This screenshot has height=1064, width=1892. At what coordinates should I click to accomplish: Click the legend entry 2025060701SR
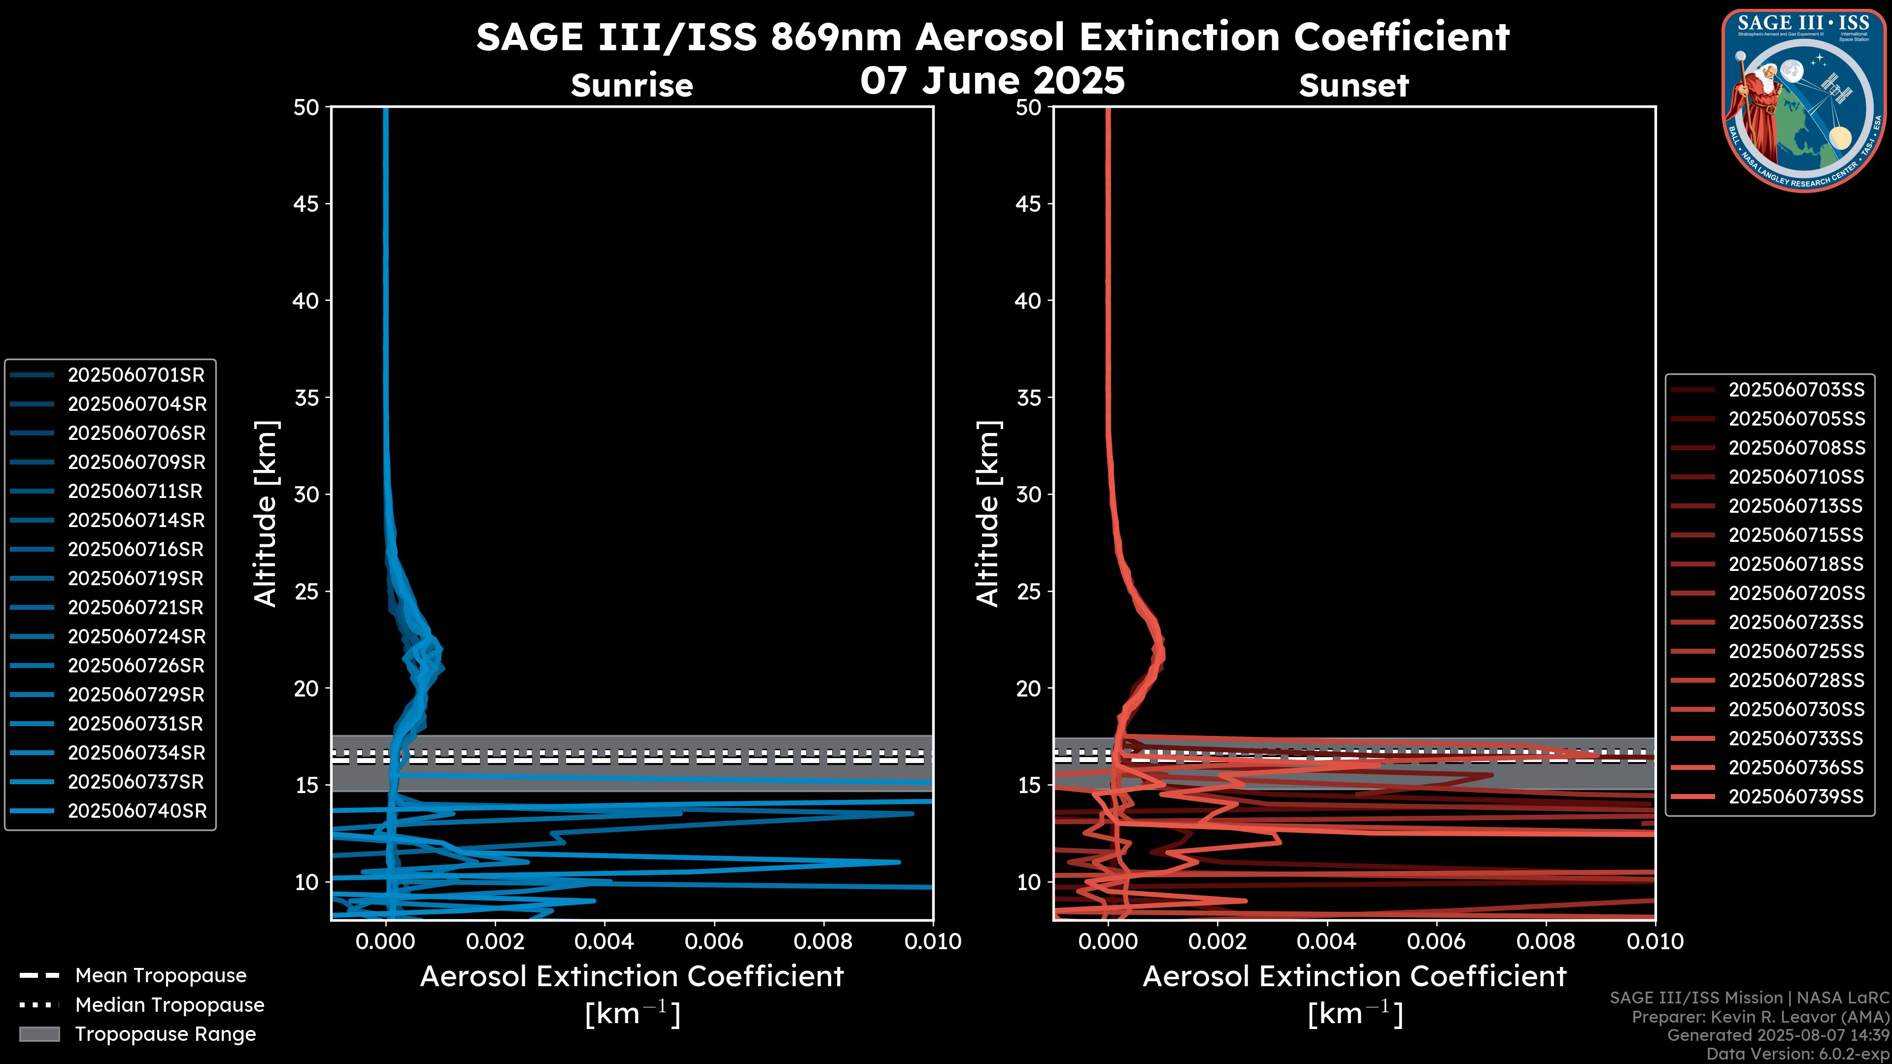136,375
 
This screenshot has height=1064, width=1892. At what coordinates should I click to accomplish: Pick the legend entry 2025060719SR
136,579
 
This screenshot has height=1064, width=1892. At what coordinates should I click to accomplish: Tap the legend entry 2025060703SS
1796,390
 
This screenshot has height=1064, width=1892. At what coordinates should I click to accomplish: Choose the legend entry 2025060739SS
1796,797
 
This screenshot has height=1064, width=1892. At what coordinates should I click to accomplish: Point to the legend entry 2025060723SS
1796,623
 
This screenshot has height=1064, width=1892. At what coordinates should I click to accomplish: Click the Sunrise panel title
632,86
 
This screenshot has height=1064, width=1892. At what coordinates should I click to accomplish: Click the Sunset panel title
1353,86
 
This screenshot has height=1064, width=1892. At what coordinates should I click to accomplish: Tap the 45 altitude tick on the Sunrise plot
307,204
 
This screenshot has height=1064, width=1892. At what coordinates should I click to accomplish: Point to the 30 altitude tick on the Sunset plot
1029,495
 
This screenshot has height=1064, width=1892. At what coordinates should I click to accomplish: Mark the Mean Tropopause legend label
161,976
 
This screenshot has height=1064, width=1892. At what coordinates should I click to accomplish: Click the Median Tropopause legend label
169,1005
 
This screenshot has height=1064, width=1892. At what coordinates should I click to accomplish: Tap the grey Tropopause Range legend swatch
39,1034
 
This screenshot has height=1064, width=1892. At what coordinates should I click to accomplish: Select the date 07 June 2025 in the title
992,81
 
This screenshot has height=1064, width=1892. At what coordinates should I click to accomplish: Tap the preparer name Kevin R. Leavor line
1760,1017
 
